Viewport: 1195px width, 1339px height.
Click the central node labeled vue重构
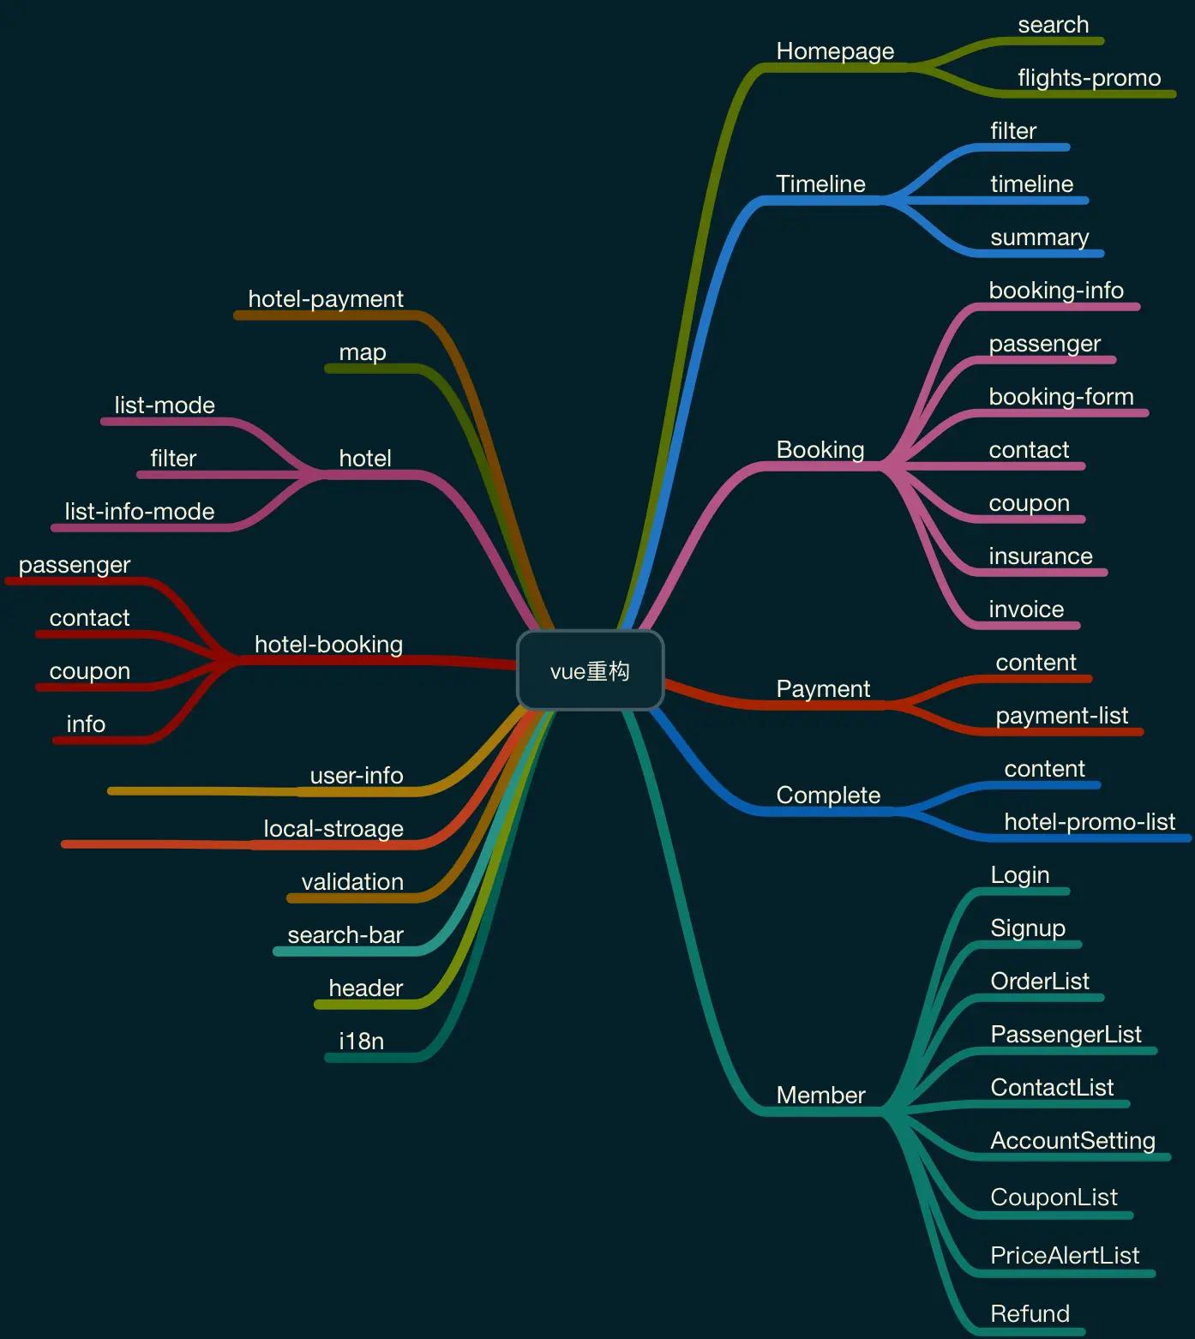[x=590, y=670]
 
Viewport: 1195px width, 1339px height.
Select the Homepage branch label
[x=835, y=51]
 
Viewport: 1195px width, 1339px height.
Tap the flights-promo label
[x=1089, y=78]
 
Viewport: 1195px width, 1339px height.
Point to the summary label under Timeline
[x=1039, y=237]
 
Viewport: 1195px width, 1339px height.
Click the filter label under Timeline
[x=1013, y=131]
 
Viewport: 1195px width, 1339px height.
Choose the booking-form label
[x=1060, y=397]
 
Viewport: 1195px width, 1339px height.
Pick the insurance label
[x=1040, y=556]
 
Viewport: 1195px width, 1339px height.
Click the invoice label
[x=1026, y=609]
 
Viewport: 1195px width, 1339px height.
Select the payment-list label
[x=1061, y=716]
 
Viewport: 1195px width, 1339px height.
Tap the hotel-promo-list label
[x=1089, y=822]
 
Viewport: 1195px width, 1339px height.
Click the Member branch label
[x=820, y=1095]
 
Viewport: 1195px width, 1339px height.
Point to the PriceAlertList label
[x=1065, y=1256]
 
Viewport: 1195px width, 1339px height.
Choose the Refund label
[x=1030, y=1314]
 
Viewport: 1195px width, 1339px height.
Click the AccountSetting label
[x=1072, y=1141]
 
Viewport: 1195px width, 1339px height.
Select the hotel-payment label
[x=325, y=299]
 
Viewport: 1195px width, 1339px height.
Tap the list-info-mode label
[x=140, y=512]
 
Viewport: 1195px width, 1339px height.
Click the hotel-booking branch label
[x=328, y=645]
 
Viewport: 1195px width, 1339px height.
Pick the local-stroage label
[x=333, y=829]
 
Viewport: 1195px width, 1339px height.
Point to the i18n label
[x=361, y=1042]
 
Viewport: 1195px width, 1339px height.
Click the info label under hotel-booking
[x=86, y=724]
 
